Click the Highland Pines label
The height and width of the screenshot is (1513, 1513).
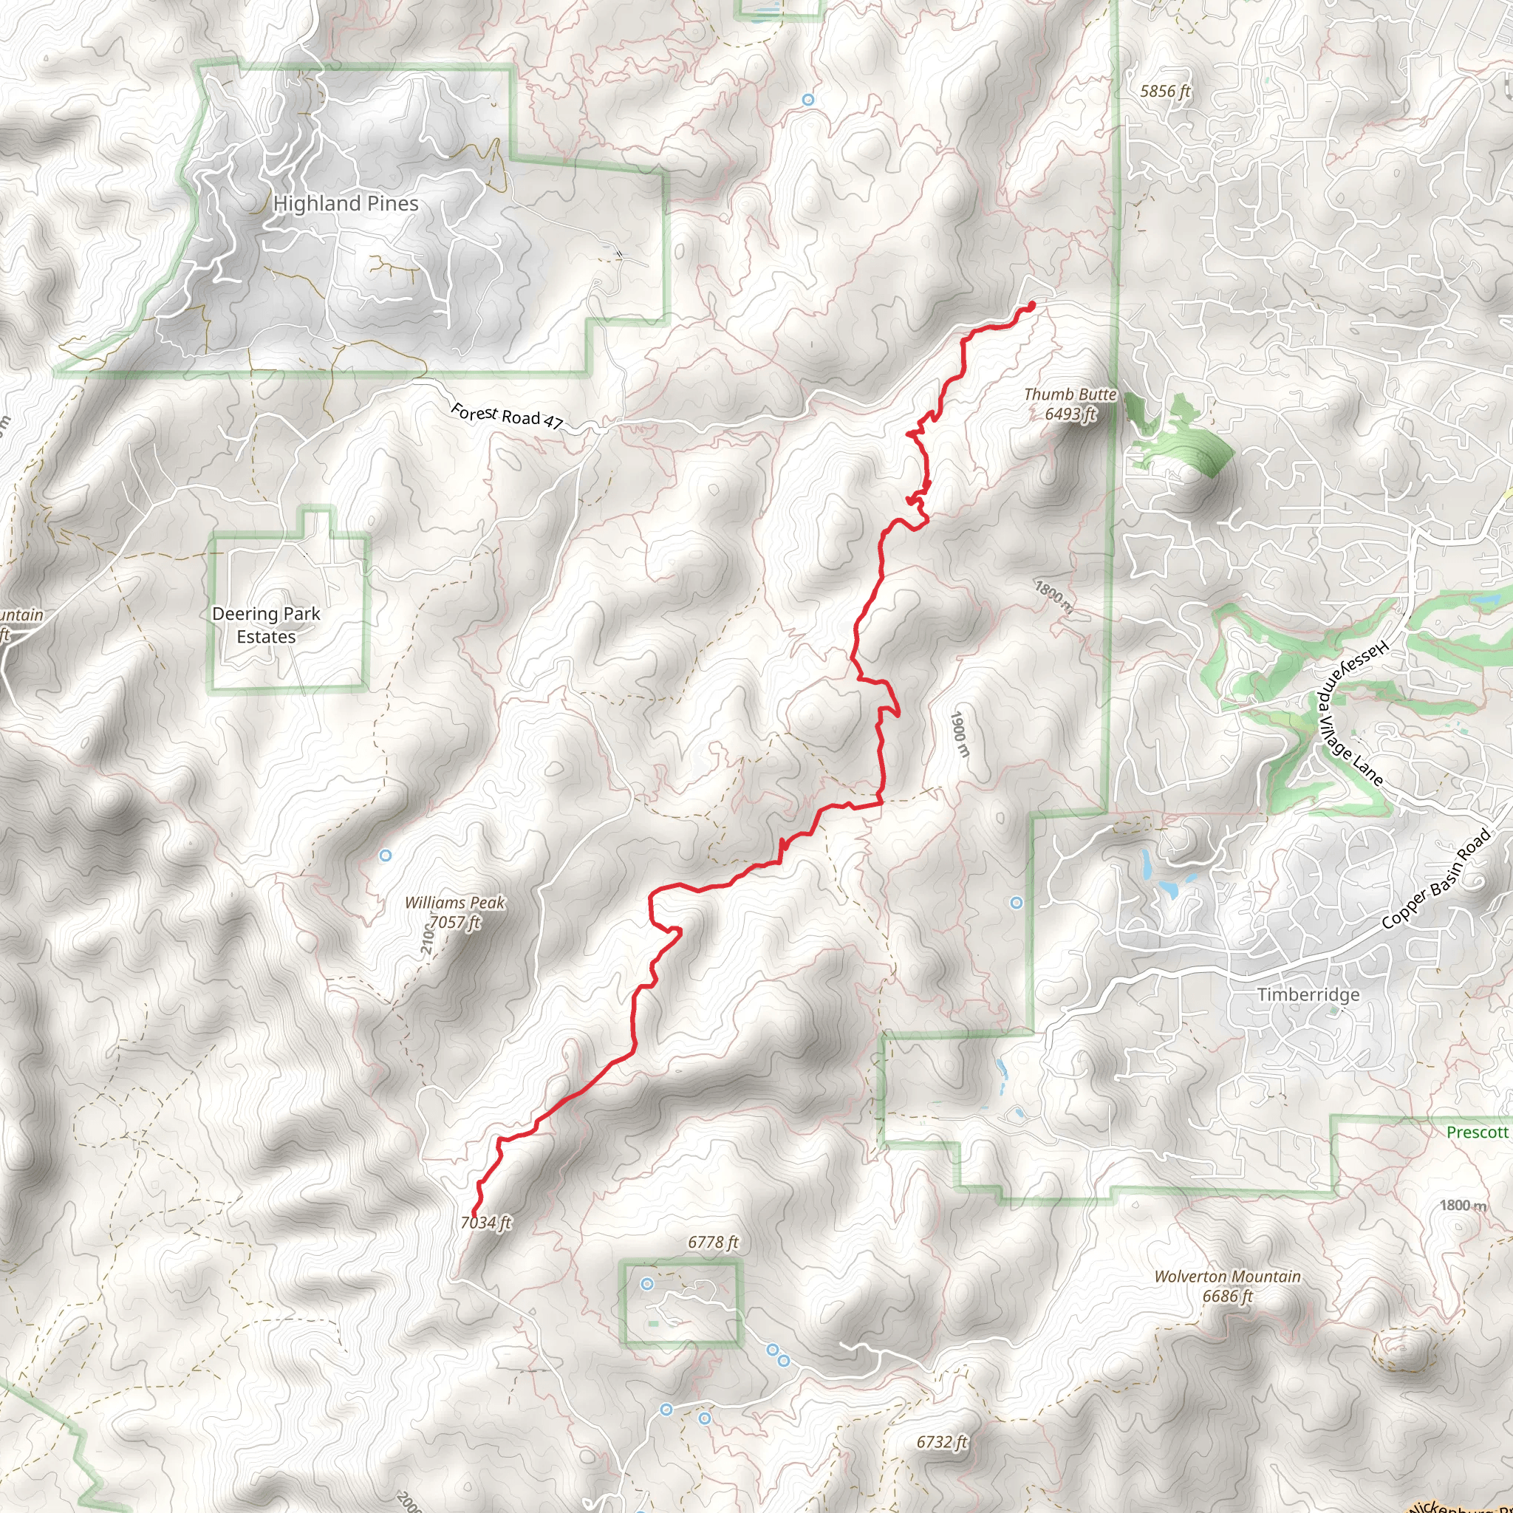[345, 204]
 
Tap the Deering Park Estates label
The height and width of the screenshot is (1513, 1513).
[266, 625]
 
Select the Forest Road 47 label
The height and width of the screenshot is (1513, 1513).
[507, 416]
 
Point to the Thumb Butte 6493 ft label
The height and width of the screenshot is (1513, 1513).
[1070, 404]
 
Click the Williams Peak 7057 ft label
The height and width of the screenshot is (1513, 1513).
[455, 912]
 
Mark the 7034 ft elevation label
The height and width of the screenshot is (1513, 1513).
[486, 1223]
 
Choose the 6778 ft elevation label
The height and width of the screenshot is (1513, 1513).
[713, 1242]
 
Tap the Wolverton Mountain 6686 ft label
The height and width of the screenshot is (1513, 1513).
[1227, 1286]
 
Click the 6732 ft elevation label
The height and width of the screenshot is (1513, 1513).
[942, 1442]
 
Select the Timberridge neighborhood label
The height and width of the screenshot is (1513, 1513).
[1308, 994]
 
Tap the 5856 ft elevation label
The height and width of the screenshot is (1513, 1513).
[1164, 91]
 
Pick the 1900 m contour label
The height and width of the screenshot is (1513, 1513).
[960, 734]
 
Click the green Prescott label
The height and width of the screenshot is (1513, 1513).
[1477, 1132]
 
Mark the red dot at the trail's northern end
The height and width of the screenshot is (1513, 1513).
[1031, 304]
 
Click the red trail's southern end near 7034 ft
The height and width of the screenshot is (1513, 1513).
[474, 1215]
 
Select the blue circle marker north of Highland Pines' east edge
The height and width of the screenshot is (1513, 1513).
[808, 100]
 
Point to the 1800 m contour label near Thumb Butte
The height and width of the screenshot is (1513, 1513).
[1054, 595]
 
